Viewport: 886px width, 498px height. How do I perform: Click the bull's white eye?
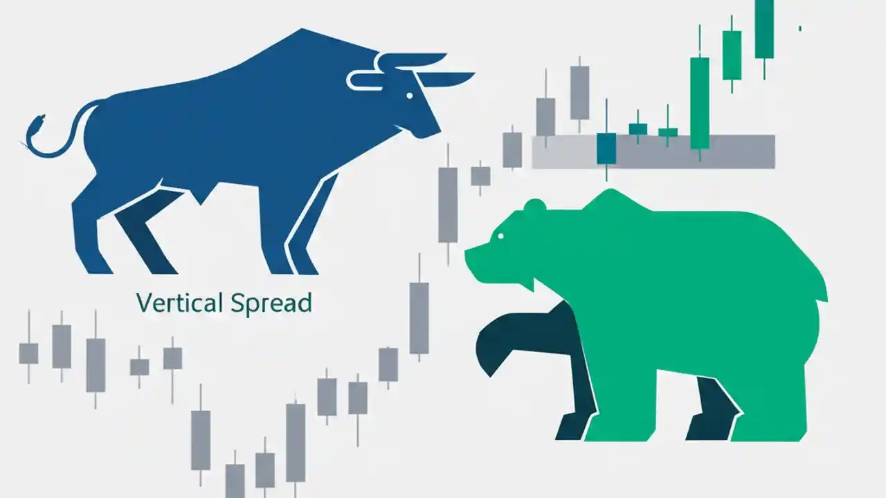click(410, 95)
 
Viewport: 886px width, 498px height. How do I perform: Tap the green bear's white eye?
click(500, 237)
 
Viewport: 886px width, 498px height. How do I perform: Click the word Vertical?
click(179, 303)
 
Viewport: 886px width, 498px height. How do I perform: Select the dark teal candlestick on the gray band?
click(606, 148)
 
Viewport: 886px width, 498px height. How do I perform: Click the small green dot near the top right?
click(800, 28)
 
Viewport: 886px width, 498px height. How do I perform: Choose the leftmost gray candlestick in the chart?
click(28, 353)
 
